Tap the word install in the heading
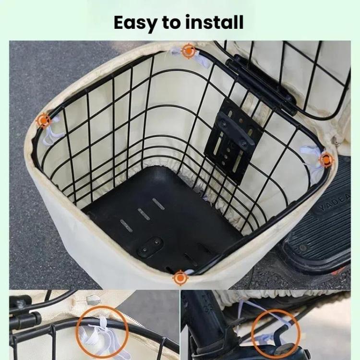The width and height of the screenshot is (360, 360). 216,22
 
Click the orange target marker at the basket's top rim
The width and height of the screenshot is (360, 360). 189,51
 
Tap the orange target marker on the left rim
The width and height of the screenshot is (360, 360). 44,120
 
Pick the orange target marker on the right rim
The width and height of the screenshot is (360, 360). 326,159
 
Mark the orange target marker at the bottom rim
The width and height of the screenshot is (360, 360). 180,277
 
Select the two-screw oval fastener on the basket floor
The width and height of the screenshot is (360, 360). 150,246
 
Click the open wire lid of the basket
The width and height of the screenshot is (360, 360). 298,72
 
